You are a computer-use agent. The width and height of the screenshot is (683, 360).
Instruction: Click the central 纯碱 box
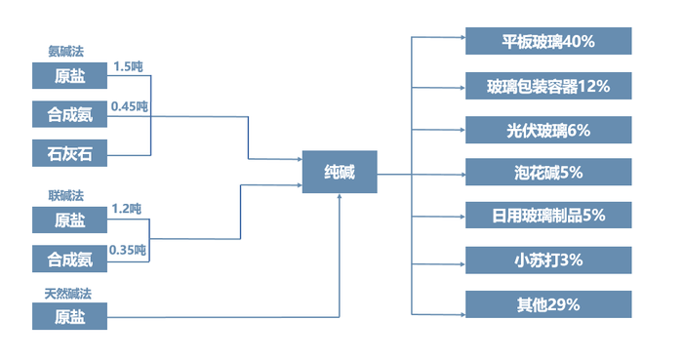pos(340,172)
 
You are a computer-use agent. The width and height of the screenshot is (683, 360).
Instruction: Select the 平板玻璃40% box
pos(548,42)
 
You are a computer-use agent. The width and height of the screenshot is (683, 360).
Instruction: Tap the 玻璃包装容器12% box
pos(548,86)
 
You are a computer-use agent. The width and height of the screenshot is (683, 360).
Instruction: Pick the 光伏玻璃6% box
pos(548,130)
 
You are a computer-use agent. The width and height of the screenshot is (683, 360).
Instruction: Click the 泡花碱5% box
pos(548,173)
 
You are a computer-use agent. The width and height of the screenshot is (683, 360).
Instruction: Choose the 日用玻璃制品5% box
pos(548,216)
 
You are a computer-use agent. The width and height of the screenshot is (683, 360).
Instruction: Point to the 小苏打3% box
pos(548,260)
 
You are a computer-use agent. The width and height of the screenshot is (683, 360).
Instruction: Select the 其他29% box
pos(548,304)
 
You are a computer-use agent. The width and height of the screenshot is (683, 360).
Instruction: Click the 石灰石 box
pos(69,153)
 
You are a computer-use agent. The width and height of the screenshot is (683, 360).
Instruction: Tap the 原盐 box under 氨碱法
pos(69,76)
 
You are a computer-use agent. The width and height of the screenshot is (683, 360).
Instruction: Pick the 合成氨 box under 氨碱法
pos(69,115)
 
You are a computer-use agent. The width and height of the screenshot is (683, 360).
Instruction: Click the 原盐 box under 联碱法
pos(69,220)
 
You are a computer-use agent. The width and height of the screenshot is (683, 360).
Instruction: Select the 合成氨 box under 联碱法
pos(69,260)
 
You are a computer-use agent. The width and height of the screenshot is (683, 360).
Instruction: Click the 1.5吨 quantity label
pos(129,67)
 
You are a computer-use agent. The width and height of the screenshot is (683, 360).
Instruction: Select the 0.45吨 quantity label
pos(130,105)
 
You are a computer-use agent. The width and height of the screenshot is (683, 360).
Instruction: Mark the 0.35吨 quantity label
pos(129,250)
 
